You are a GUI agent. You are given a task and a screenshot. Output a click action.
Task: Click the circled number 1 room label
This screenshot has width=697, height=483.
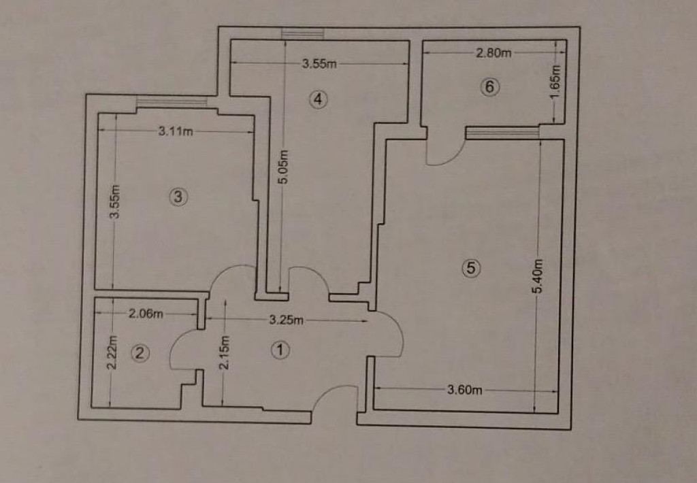point(280,350)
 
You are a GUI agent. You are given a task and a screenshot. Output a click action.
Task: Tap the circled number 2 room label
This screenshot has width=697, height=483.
point(140,353)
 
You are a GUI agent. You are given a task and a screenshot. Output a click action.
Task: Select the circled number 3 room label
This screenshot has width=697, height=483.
point(178,197)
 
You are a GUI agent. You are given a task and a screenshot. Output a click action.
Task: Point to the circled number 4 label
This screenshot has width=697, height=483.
point(319,99)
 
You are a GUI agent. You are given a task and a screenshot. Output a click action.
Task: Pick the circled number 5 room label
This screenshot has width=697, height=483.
point(471,268)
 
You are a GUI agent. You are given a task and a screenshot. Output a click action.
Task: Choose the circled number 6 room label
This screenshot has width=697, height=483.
point(489,86)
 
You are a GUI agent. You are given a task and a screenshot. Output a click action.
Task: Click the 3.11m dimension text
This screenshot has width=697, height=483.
point(176,131)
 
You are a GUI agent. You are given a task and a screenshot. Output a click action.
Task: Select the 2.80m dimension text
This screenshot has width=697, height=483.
point(493,53)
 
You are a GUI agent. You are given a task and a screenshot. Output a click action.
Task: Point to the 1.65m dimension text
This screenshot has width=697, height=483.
point(555,82)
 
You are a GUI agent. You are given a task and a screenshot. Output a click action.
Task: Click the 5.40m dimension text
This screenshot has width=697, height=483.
point(538,276)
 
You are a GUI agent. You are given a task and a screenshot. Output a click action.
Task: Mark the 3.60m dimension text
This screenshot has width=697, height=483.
point(464,390)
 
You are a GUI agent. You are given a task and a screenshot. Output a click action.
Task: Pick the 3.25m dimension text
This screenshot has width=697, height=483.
point(287,320)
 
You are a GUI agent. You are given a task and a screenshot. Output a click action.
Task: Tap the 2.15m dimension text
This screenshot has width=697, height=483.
point(225,352)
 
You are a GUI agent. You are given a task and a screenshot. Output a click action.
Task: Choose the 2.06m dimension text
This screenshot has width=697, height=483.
point(146,314)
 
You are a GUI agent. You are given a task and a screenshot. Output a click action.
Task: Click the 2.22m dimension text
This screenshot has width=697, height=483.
point(112,352)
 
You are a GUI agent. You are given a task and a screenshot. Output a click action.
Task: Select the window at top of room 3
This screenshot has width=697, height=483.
point(172,102)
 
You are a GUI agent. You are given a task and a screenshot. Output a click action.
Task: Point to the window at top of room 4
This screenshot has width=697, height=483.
point(303,34)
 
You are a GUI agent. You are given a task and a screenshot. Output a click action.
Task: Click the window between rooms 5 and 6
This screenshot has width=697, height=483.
point(502,133)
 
